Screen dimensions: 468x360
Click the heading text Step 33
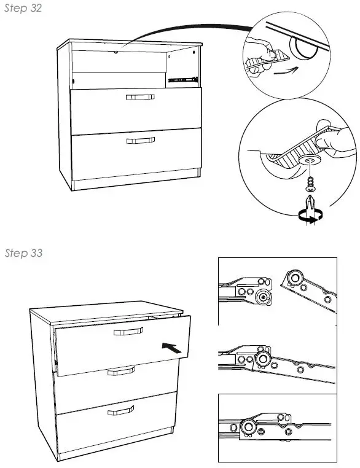(x=23, y=254)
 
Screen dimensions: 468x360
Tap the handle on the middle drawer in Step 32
(x=139, y=97)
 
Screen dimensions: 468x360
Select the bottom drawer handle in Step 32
(x=140, y=141)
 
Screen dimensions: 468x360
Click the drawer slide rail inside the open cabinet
(x=183, y=78)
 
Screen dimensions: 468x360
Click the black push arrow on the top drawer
(x=173, y=347)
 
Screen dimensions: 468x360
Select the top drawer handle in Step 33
(x=128, y=332)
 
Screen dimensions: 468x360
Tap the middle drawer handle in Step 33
(x=121, y=370)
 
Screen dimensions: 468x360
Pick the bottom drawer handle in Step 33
(x=120, y=410)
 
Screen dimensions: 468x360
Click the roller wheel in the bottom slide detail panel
(x=250, y=428)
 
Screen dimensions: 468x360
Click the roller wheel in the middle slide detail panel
(x=264, y=358)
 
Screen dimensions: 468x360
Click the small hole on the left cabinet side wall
(x=74, y=79)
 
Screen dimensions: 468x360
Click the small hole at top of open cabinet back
(x=115, y=53)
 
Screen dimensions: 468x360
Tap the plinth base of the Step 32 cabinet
(x=135, y=183)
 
